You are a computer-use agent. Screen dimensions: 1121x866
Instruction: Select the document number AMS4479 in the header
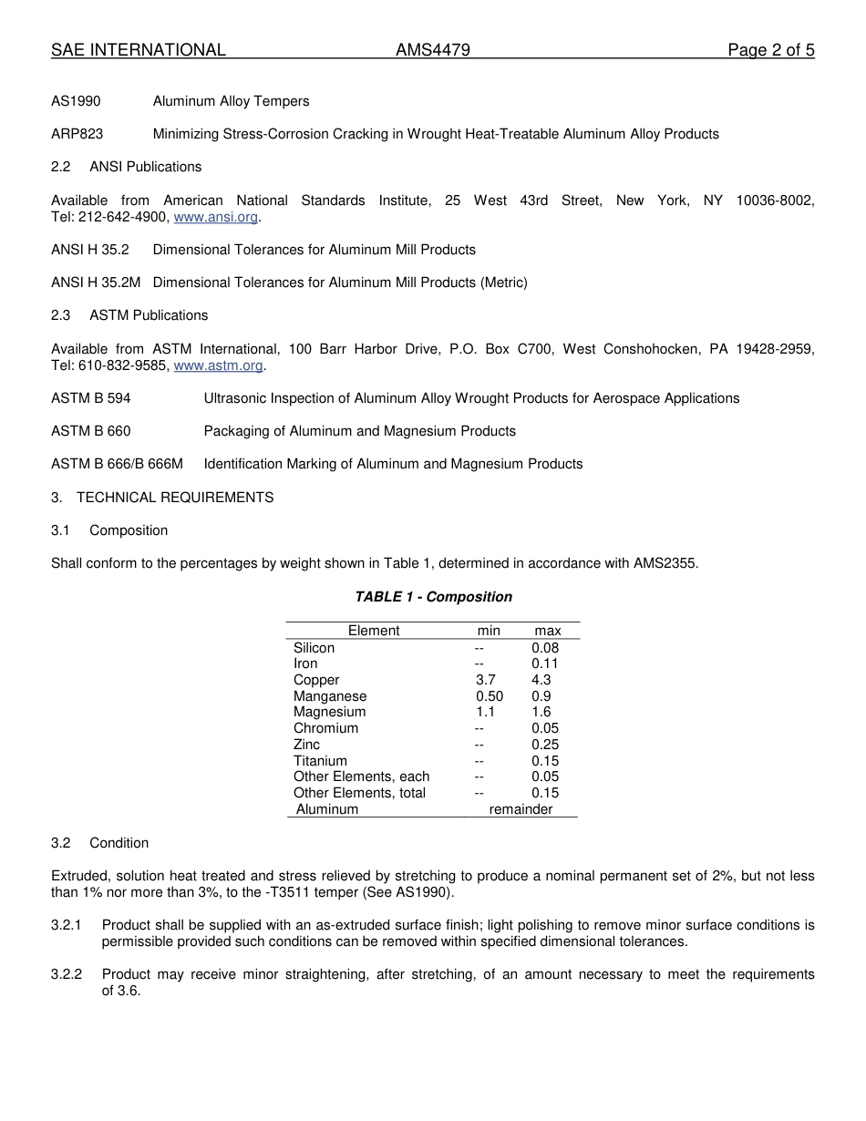433,50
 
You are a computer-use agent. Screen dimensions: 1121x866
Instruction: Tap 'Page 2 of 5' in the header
770,50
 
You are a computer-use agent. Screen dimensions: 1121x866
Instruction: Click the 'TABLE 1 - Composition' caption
433,597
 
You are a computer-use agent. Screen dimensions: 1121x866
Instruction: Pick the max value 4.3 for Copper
541,680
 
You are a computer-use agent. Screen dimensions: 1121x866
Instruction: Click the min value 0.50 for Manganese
489,696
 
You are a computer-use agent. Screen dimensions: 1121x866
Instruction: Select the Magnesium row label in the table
329,712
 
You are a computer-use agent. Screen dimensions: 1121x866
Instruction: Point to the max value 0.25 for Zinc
545,745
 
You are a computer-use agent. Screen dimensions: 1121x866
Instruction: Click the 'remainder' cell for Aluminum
521,809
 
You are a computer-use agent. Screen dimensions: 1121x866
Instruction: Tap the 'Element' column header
374,631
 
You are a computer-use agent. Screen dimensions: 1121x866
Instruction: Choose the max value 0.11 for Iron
545,663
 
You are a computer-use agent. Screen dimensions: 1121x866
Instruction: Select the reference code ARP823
77,134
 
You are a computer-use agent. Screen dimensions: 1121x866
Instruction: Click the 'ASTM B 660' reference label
91,431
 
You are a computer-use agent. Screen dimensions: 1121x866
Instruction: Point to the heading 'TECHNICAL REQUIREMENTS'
175,498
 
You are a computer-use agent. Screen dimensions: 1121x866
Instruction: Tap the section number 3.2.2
67,974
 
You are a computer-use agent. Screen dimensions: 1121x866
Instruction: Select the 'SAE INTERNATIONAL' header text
139,50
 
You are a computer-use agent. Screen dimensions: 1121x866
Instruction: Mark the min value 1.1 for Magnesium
485,712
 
